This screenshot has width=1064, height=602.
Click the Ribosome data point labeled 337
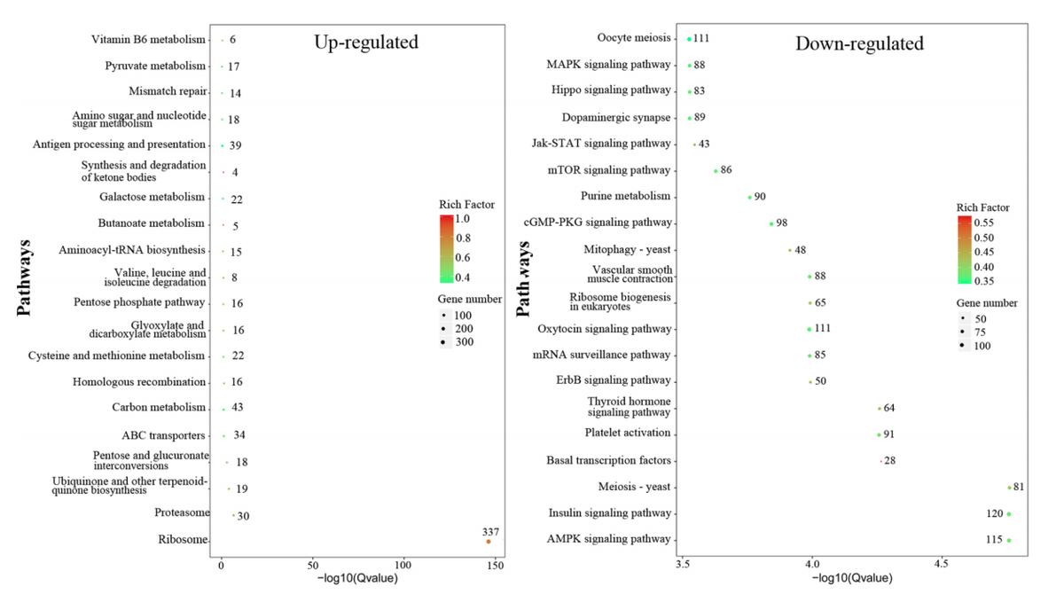click(x=489, y=541)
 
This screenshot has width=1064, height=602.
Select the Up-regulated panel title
click(x=365, y=42)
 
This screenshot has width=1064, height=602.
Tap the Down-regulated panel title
click(x=859, y=43)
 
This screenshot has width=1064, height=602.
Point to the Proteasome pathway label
click(x=182, y=512)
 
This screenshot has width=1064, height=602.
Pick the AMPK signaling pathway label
click(x=610, y=539)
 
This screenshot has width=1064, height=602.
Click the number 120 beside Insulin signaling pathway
click(x=994, y=513)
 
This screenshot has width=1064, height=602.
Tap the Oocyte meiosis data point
click(x=689, y=39)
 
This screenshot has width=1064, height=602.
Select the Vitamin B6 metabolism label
click(x=148, y=39)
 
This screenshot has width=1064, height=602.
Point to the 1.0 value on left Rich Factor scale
click(x=463, y=218)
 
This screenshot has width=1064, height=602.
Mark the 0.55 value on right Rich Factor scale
click(x=986, y=223)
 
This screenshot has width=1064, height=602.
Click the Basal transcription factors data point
click(x=880, y=461)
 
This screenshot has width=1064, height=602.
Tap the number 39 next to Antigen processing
click(x=235, y=145)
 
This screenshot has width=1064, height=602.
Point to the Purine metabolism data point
click(x=749, y=197)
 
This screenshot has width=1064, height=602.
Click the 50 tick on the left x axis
click(x=312, y=565)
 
